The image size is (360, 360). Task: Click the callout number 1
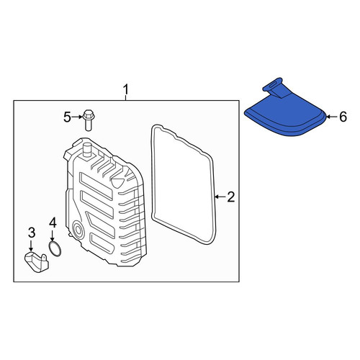click(126, 90)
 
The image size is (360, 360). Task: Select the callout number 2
click(230, 197)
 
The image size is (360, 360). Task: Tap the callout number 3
click(32, 233)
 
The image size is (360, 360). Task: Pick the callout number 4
click(53, 222)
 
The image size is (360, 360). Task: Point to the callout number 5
click(68, 117)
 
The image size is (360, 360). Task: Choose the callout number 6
click(343, 117)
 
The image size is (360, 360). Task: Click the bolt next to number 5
click(89, 120)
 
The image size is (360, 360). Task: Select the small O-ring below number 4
click(55, 249)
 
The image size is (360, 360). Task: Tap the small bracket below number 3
click(37, 262)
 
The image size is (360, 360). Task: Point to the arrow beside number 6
click(332, 117)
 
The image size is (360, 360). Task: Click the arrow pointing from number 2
click(220, 197)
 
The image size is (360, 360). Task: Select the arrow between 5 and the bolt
click(77, 117)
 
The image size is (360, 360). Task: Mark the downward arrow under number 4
click(53, 236)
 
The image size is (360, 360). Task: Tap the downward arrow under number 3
click(31, 246)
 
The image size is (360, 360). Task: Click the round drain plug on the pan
click(78, 230)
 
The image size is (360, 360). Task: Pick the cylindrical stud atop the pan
click(86, 150)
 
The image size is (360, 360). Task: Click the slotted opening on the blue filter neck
click(273, 84)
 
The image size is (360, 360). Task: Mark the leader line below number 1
click(126, 98)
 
